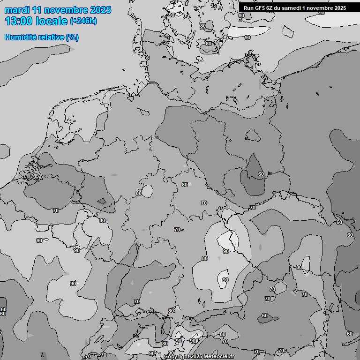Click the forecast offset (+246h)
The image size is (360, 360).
[83, 21]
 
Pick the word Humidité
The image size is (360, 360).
[21, 37]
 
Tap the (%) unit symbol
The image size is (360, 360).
[72, 37]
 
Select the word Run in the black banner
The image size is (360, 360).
[248, 7]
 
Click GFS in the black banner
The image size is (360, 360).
[260, 7]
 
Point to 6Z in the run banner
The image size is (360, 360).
[270, 7]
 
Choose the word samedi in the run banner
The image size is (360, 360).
[291, 7]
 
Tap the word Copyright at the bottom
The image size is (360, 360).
[177, 357]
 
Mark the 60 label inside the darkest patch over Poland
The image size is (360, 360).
[261, 174]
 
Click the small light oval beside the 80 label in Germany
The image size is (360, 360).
[148, 191]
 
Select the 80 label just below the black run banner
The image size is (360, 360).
[241, 15]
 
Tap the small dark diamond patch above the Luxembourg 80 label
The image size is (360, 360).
[101, 201]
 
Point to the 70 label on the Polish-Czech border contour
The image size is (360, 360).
[252, 208]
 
